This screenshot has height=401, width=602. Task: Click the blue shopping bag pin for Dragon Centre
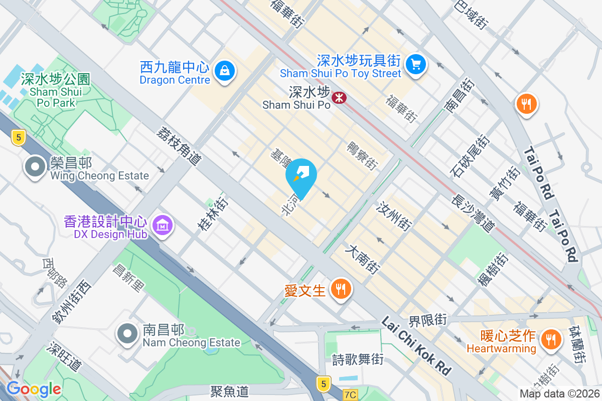(225, 71)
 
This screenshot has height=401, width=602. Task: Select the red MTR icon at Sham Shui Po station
(340, 97)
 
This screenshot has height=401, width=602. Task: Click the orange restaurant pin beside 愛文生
(341, 289)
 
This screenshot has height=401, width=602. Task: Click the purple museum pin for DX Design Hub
(163, 226)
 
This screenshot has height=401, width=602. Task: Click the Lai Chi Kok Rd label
(416, 345)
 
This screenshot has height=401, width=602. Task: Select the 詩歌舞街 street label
(358, 359)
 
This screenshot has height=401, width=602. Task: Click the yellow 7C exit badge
(350, 395)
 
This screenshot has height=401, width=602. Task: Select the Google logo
(34, 388)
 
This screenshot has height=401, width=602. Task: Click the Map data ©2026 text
(559, 393)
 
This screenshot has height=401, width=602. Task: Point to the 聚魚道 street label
(229, 391)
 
